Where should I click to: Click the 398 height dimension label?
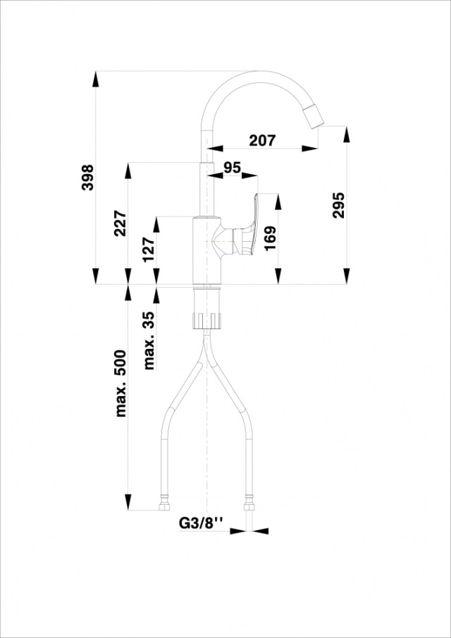87,178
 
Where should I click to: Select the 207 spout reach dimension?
262,140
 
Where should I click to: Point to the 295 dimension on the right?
338,204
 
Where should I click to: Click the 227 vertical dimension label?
120,223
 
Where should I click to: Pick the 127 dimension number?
148,249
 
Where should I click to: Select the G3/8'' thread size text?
201,523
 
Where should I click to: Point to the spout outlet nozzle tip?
315,117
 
